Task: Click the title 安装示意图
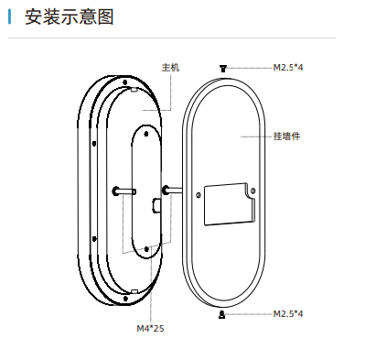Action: coord(70,17)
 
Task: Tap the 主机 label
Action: coord(170,68)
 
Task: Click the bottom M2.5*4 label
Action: coord(288,314)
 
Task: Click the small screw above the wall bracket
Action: coord(222,67)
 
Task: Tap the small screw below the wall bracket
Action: coord(222,314)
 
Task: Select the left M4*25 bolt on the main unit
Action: coord(119,191)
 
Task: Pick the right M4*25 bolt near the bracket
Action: coord(168,191)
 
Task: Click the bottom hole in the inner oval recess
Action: coord(146,247)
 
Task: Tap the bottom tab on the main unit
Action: coord(134,290)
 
